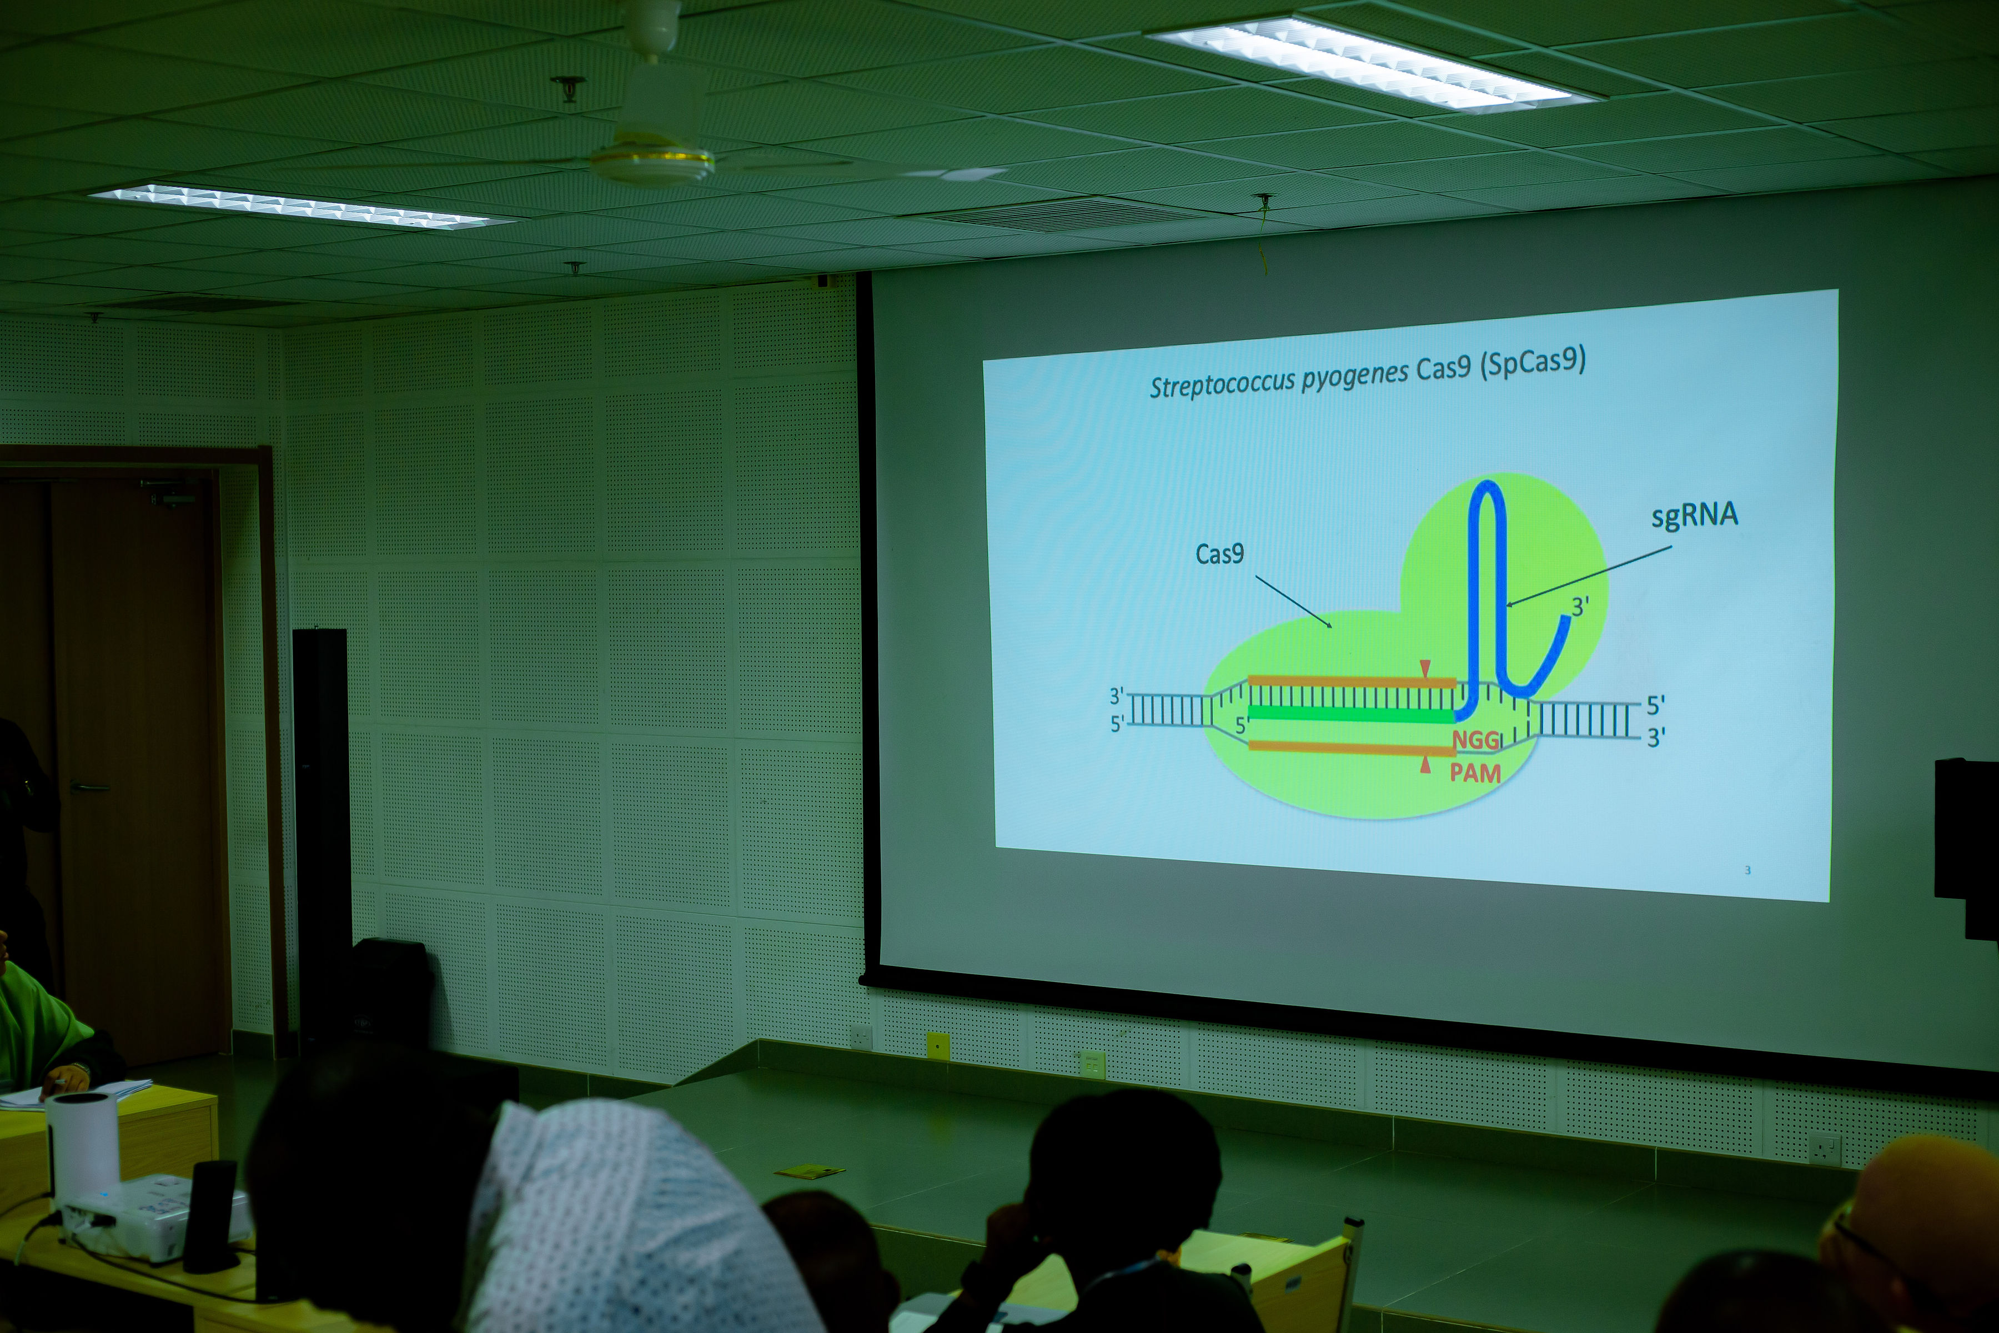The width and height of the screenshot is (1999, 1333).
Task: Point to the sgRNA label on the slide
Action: [x=1695, y=516]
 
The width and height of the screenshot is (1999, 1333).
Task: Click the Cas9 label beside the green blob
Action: [x=1219, y=554]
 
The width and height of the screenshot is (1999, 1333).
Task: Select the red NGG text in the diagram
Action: [x=1476, y=740]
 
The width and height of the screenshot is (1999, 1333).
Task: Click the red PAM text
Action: [x=1475, y=773]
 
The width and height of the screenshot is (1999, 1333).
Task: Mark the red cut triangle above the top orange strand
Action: [x=1425, y=668]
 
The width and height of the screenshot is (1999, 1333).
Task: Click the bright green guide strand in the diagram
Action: [x=1352, y=714]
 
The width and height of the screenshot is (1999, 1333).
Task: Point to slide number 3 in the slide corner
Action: [x=1747, y=870]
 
